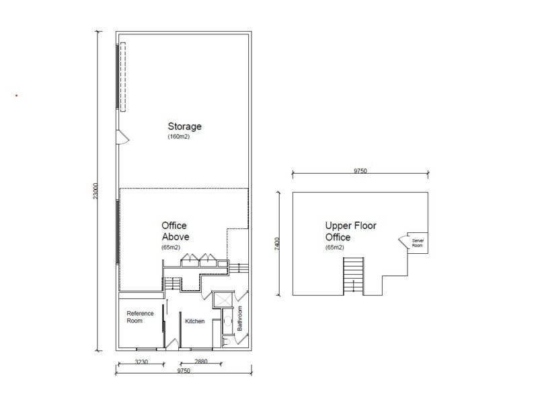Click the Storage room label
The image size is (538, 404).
click(x=185, y=126)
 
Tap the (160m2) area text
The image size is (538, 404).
click(x=180, y=137)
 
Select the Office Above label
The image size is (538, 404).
click(x=176, y=231)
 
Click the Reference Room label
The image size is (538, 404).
click(x=141, y=316)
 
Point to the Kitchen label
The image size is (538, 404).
click(x=195, y=321)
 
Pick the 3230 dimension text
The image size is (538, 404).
click(x=141, y=362)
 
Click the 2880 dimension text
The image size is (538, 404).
click(x=201, y=362)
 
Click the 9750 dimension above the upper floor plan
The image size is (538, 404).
click(x=360, y=171)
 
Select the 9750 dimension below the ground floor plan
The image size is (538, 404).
click(x=184, y=371)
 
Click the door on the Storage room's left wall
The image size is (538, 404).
click(x=122, y=137)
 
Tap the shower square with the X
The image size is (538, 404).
click(x=222, y=300)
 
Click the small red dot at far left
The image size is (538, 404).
click(x=16, y=96)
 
